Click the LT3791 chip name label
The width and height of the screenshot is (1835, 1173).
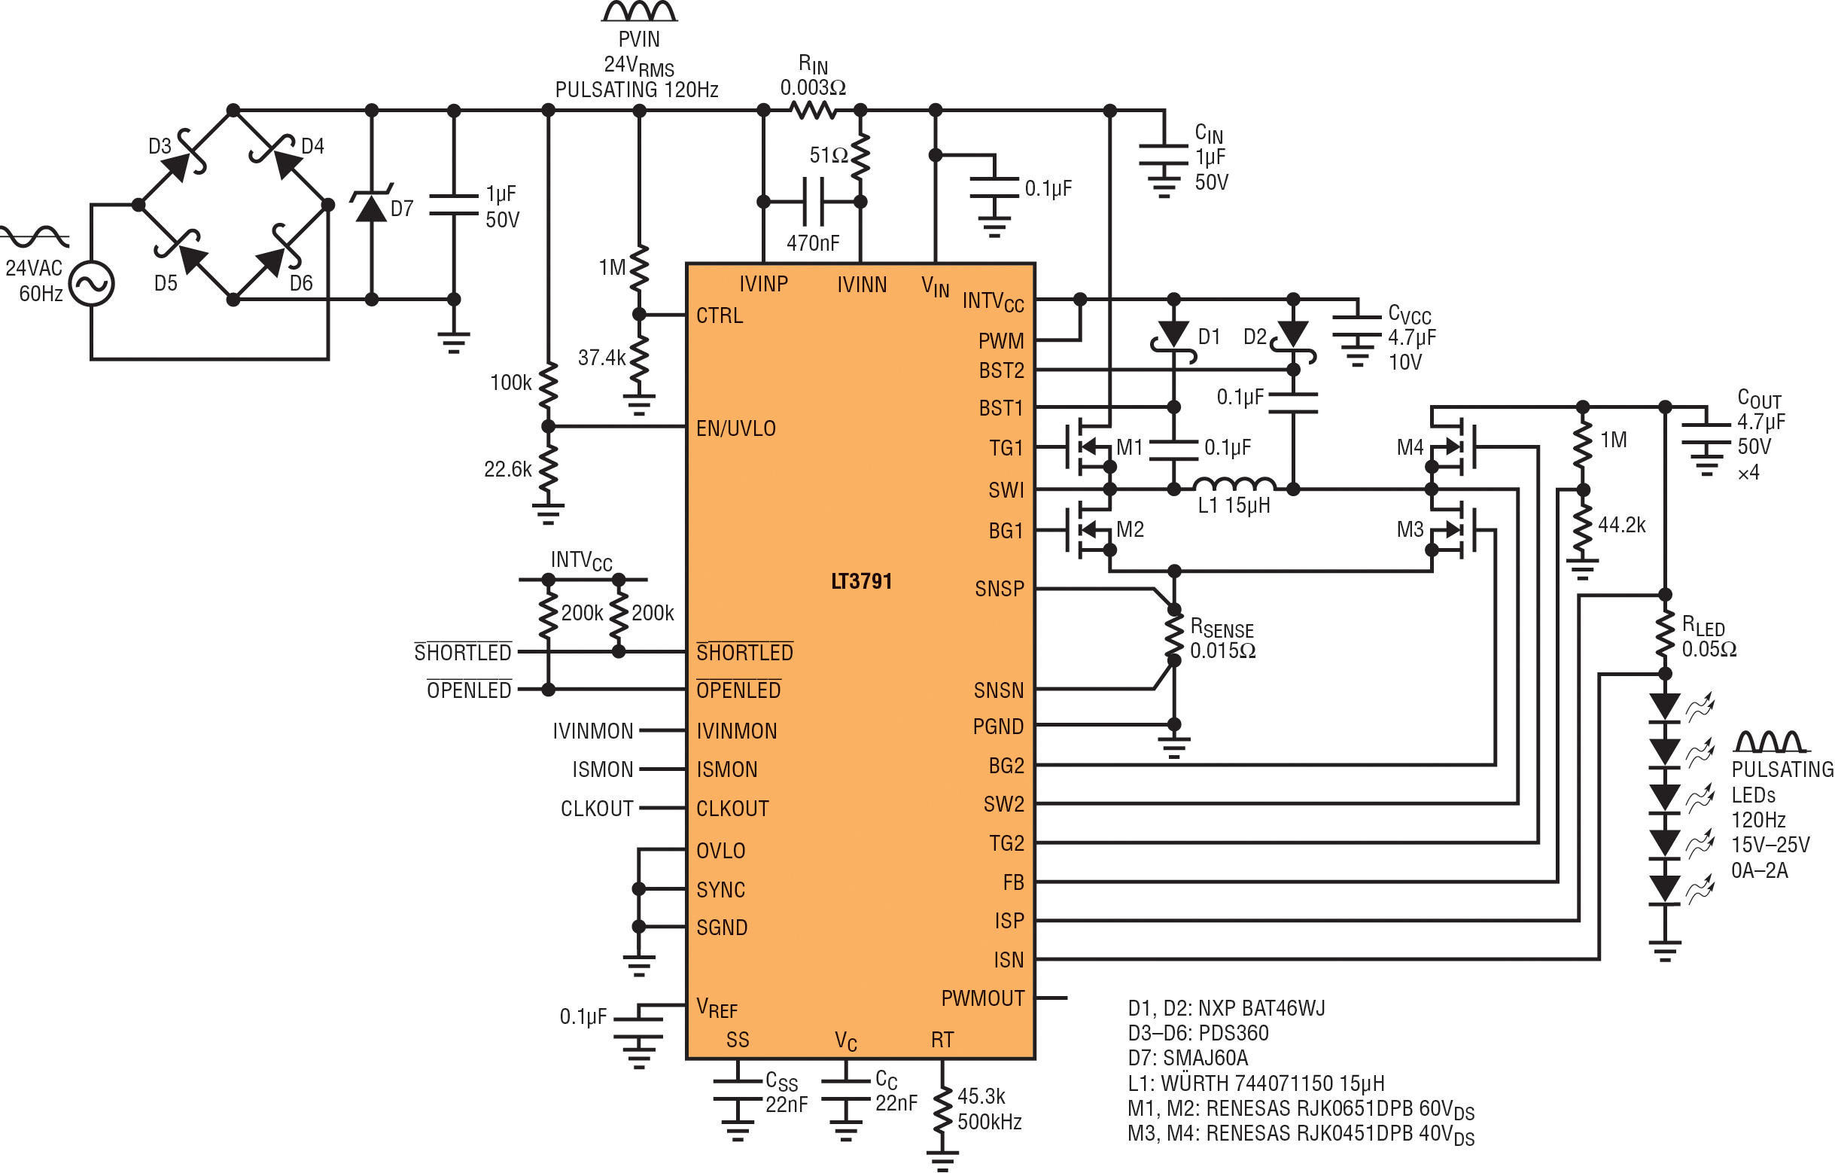point(861,581)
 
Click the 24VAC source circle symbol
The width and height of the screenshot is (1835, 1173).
point(91,284)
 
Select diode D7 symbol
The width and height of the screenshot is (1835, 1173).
point(372,207)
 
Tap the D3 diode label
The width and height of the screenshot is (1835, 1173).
point(160,146)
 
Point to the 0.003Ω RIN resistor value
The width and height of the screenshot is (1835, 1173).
point(812,87)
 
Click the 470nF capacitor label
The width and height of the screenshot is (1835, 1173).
point(812,243)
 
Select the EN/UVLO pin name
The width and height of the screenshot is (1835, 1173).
point(735,428)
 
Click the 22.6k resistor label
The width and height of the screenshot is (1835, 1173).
point(507,469)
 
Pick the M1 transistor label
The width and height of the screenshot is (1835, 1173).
point(1129,447)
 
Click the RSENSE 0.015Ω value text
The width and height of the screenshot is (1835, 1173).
point(1222,651)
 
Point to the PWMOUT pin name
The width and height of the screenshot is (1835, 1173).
point(982,998)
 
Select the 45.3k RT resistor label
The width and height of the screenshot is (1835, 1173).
point(981,1096)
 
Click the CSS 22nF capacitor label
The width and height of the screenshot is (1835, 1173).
point(785,1092)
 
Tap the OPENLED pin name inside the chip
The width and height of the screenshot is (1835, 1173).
point(738,690)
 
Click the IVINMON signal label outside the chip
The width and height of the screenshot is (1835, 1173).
point(593,731)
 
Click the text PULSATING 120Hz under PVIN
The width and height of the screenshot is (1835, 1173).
point(636,90)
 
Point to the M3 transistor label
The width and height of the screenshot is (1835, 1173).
point(1410,530)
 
